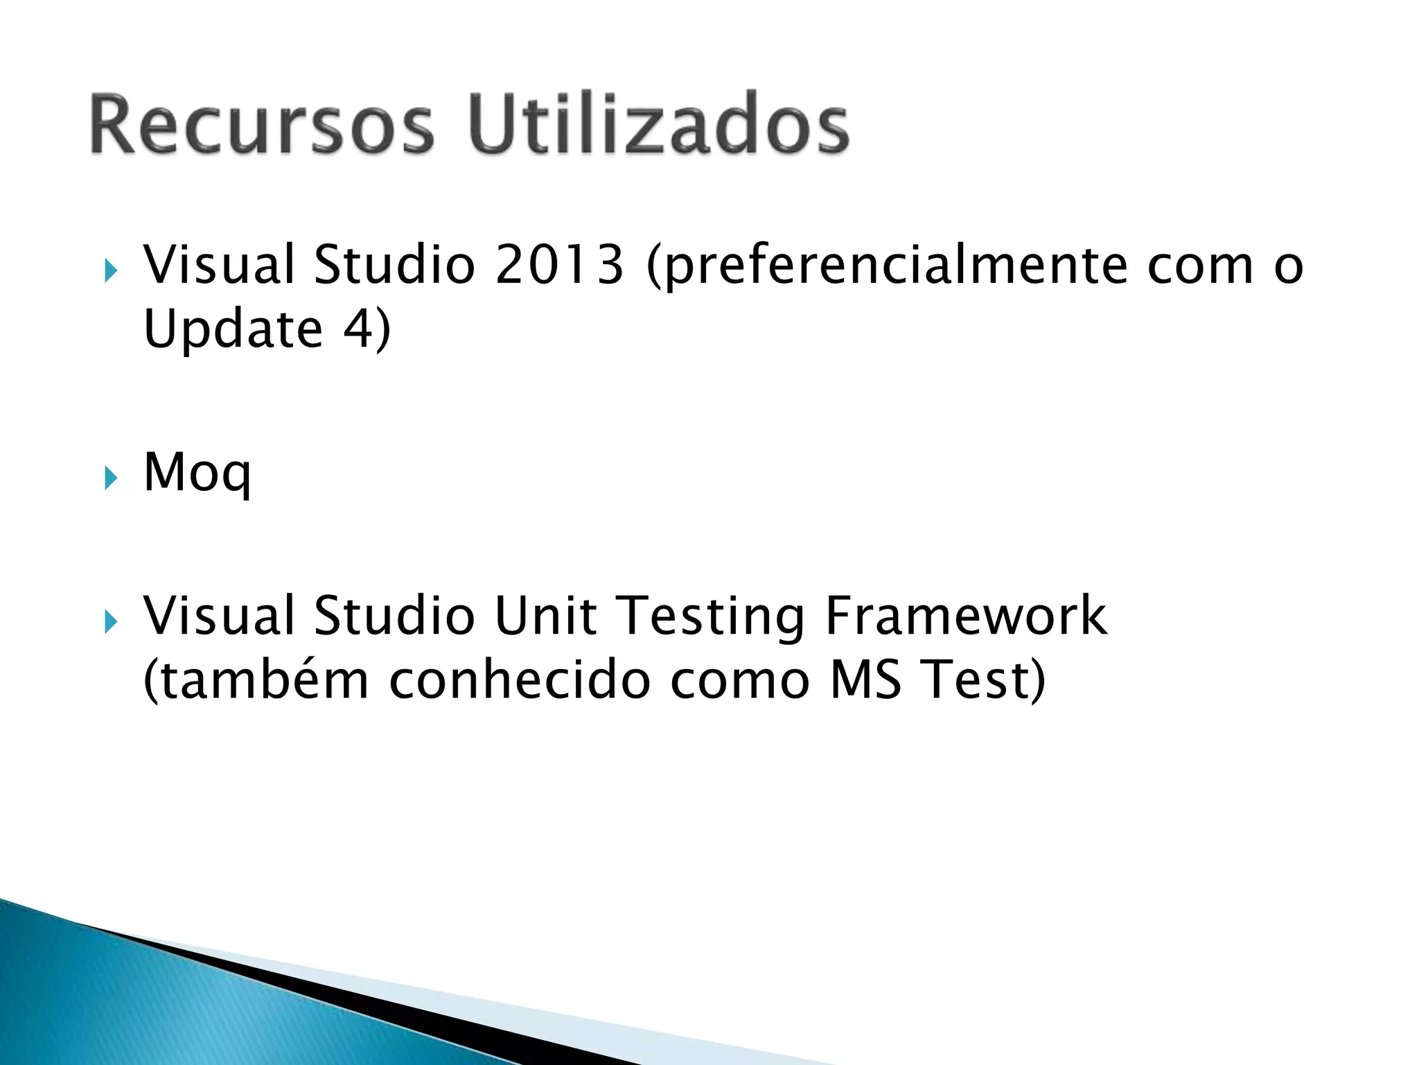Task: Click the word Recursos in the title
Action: click(x=262, y=125)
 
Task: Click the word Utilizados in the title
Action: click(x=658, y=125)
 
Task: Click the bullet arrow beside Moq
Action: click(x=111, y=478)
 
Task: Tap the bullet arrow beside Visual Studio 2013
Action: click(x=111, y=270)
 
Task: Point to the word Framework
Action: click(x=967, y=616)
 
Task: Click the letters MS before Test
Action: click(x=866, y=679)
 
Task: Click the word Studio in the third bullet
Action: click(x=394, y=616)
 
